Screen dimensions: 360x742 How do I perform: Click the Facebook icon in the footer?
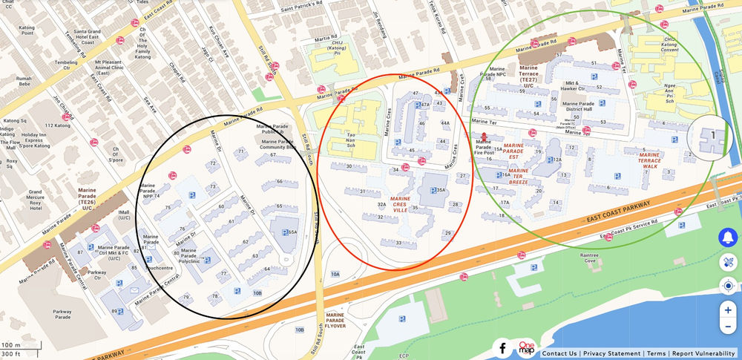click(502, 347)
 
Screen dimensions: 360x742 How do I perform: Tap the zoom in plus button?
click(728, 310)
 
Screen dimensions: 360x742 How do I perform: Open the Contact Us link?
click(559, 354)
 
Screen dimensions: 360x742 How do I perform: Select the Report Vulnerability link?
click(703, 354)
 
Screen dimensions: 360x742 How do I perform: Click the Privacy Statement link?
click(612, 354)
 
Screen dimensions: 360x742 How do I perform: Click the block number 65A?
click(292, 232)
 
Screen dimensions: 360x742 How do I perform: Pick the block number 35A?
click(440, 191)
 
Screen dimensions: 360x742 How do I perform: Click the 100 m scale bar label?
click(11, 345)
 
